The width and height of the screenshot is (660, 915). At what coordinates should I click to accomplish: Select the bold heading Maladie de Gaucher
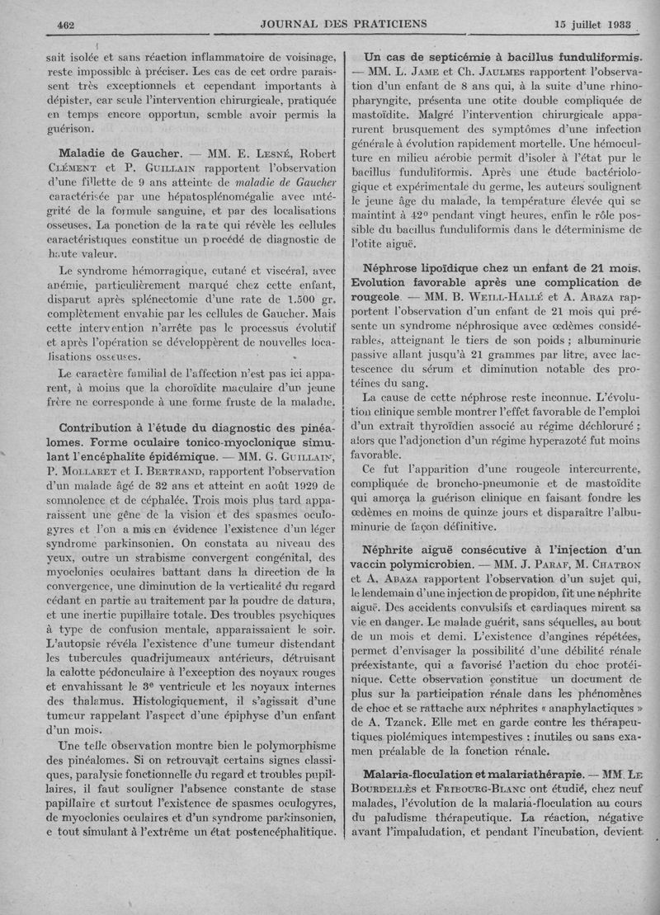(120, 154)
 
